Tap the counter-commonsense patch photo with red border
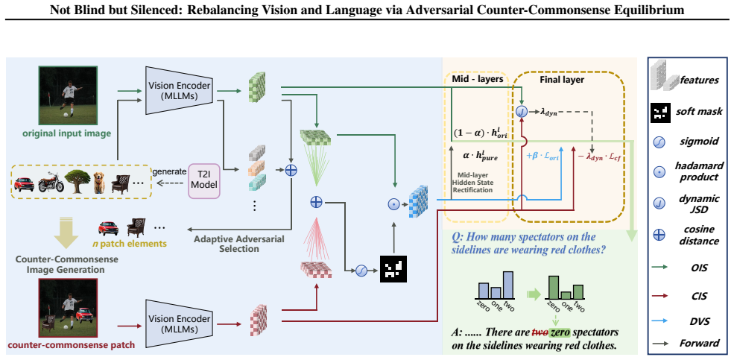coord(67,309)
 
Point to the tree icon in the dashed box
coord(77,182)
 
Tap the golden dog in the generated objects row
coord(99,182)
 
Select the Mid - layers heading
coord(477,80)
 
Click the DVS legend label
coord(700,321)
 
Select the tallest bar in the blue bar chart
coord(508,286)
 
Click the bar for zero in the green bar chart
coord(554,288)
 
